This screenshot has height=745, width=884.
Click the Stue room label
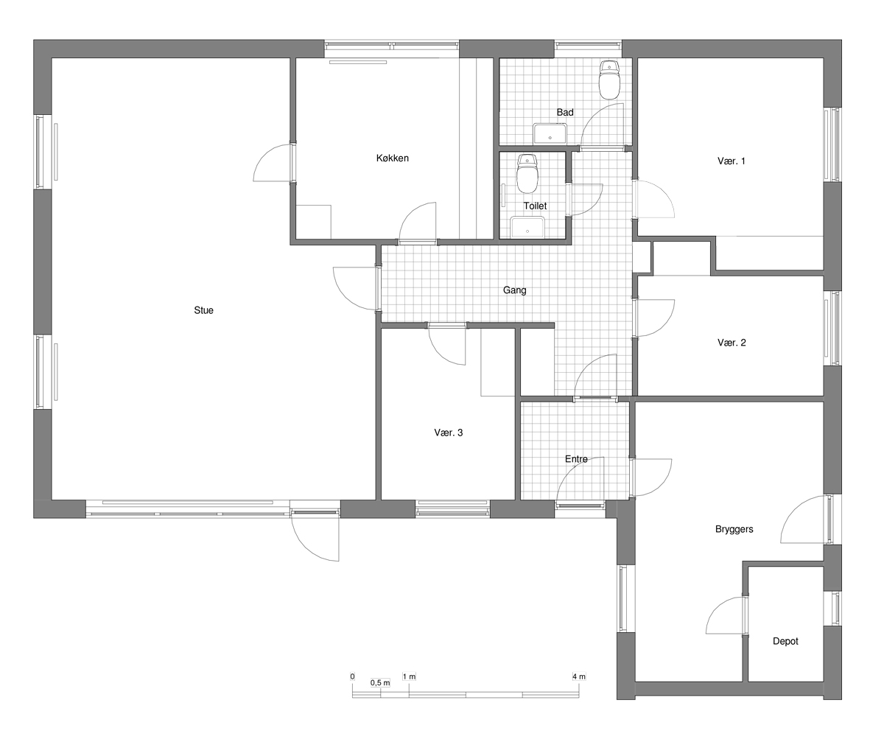click(x=203, y=310)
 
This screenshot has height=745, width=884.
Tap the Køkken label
click(x=393, y=158)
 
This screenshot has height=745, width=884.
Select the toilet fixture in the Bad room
click(x=610, y=80)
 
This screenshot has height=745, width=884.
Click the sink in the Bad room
click(x=550, y=134)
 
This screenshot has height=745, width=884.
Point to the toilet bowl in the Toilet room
click(x=527, y=173)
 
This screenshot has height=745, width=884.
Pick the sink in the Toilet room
click(x=527, y=228)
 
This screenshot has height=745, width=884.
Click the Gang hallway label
click(x=515, y=290)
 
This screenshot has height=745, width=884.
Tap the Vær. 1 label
click(x=732, y=161)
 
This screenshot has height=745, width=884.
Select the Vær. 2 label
click(x=732, y=342)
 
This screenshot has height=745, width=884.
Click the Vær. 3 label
click(x=449, y=433)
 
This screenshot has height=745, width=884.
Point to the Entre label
click(x=576, y=459)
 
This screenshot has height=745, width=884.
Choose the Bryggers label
click(x=734, y=529)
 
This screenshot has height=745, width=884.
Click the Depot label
click(x=785, y=641)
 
